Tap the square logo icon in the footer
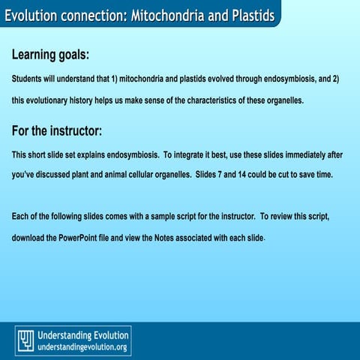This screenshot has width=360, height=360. pos(25,340)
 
